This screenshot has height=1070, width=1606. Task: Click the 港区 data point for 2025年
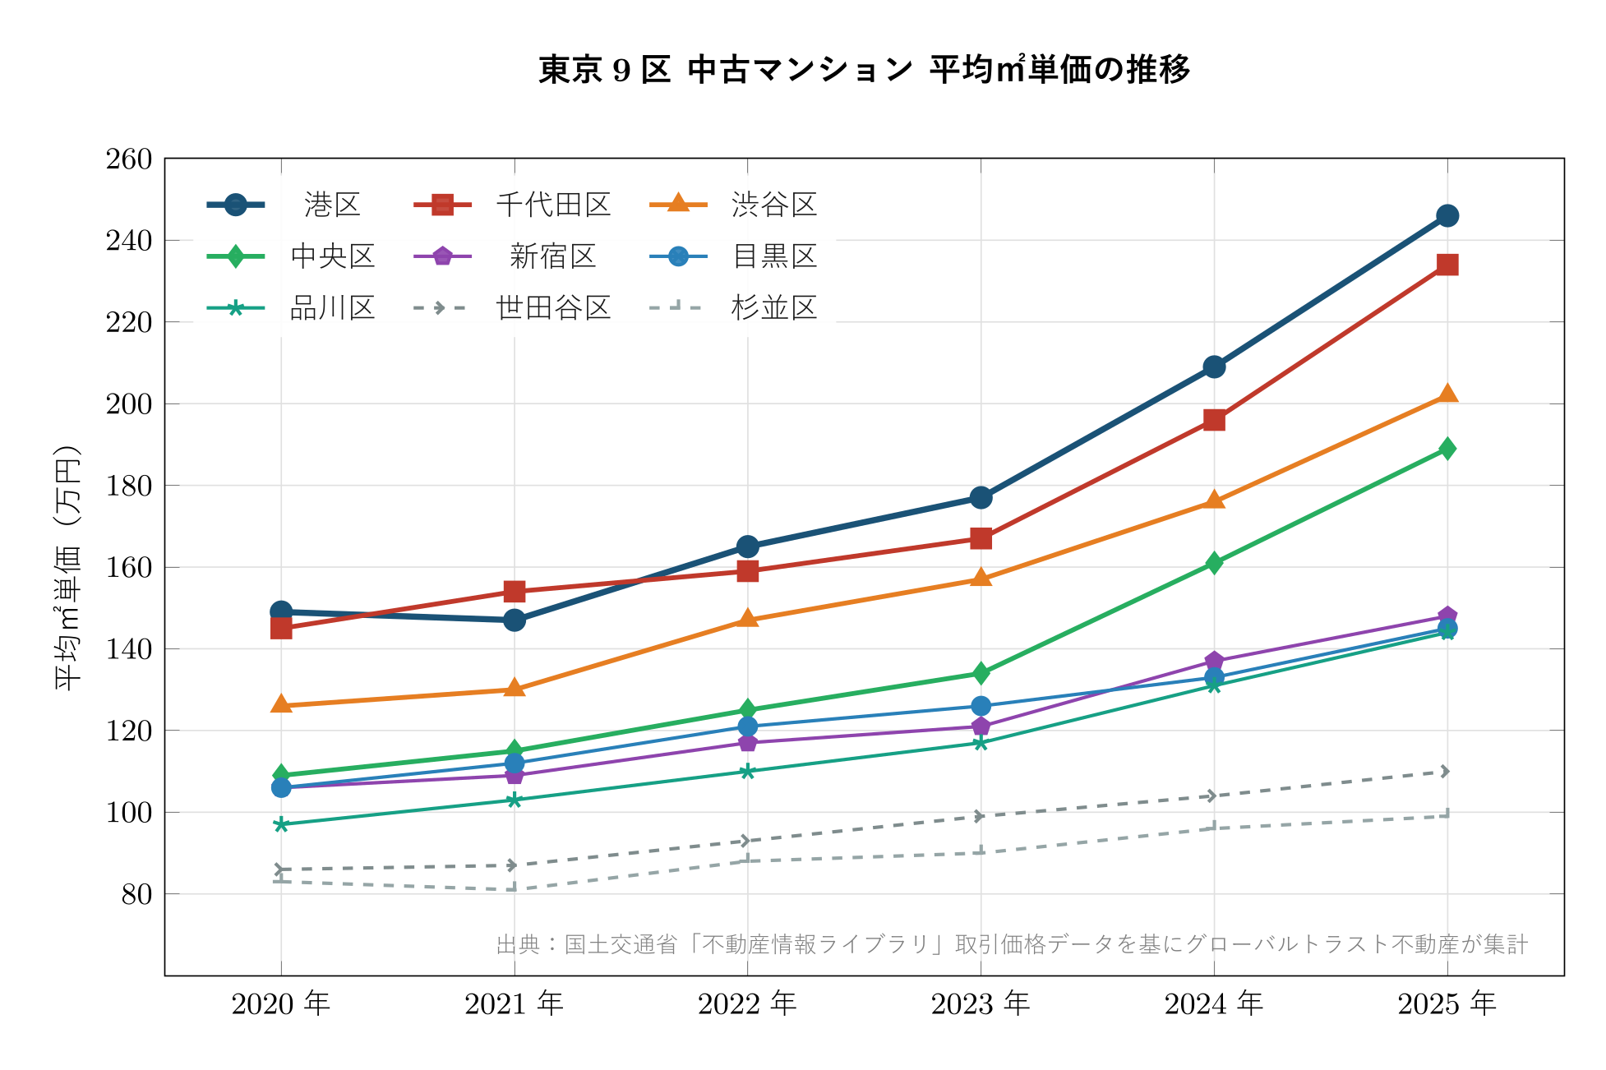click(1447, 216)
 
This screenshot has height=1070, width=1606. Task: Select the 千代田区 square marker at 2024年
click(1214, 420)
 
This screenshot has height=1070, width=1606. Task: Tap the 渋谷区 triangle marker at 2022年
click(747, 619)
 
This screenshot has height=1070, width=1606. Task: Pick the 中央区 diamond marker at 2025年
click(1447, 449)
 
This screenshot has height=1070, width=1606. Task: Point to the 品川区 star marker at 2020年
click(281, 824)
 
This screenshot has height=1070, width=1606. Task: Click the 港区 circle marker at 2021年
click(515, 620)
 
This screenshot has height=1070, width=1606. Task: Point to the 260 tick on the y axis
click(129, 159)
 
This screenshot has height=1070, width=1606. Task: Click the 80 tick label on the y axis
click(136, 894)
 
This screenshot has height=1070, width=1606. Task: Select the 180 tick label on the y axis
click(129, 486)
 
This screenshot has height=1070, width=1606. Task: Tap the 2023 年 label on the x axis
click(981, 1004)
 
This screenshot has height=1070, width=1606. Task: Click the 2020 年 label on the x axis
click(281, 1004)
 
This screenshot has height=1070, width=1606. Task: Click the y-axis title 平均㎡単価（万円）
click(67, 567)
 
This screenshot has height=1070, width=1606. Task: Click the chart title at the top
click(864, 70)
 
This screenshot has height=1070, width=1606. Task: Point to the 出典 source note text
click(1012, 944)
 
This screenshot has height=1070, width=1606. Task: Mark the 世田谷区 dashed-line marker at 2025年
click(1445, 772)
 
